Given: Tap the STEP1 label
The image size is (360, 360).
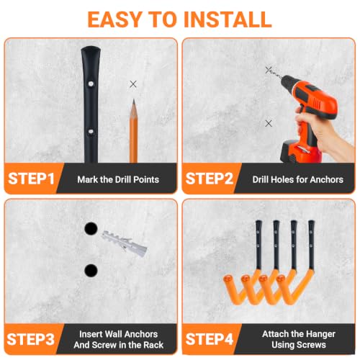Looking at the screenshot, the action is (32, 179).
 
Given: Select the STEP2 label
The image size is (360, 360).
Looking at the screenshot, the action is (210, 179).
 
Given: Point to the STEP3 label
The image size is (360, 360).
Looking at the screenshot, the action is (31, 339).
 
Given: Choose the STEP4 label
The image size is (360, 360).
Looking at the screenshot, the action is (210, 339).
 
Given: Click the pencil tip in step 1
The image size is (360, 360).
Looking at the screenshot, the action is (134, 99).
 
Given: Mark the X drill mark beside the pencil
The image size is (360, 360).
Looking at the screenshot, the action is (133, 84).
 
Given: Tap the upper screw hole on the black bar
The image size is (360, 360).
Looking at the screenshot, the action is (91, 84).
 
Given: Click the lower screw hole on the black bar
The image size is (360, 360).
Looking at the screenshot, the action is (91, 132).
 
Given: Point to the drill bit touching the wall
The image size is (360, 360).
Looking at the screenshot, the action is (275, 73).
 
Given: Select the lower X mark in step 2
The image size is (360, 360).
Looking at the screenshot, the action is (269, 123).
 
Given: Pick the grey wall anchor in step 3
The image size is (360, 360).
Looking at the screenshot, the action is (125, 243).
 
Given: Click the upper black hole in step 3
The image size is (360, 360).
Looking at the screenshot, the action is (91, 228).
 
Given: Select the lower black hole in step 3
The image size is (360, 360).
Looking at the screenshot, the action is (91, 271).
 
